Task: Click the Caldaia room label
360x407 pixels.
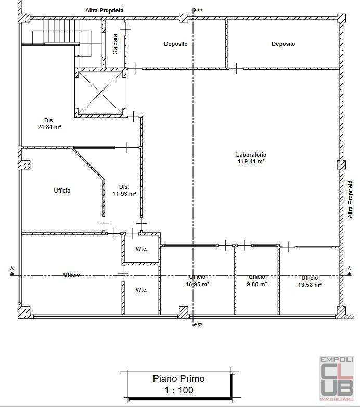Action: pos(115,44)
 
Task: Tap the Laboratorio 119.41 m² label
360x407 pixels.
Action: pos(251,158)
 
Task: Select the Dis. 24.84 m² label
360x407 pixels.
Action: pos(49,123)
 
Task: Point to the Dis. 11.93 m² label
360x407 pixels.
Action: pos(124,190)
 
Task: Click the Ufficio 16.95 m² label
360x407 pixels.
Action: pos(197,281)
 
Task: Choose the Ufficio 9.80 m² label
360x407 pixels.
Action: pos(257,281)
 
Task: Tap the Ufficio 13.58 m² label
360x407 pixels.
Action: pos(310,282)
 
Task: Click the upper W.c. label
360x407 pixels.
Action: pos(142,249)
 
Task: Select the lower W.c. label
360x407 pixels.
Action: pos(142,290)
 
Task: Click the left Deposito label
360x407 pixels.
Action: pos(176,44)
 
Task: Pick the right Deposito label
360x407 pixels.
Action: pos(283,44)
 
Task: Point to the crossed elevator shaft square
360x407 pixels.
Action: pos(100,93)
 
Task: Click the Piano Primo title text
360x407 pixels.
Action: pos(179,379)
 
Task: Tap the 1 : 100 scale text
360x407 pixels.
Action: pos(179,390)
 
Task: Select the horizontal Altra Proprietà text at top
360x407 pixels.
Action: pos(105,10)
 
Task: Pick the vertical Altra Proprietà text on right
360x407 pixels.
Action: pos(351,199)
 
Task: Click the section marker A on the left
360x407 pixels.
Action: pos(12,271)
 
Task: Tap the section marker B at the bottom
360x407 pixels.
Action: pos(197,324)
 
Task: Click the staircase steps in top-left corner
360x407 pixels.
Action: pos(61,32)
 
